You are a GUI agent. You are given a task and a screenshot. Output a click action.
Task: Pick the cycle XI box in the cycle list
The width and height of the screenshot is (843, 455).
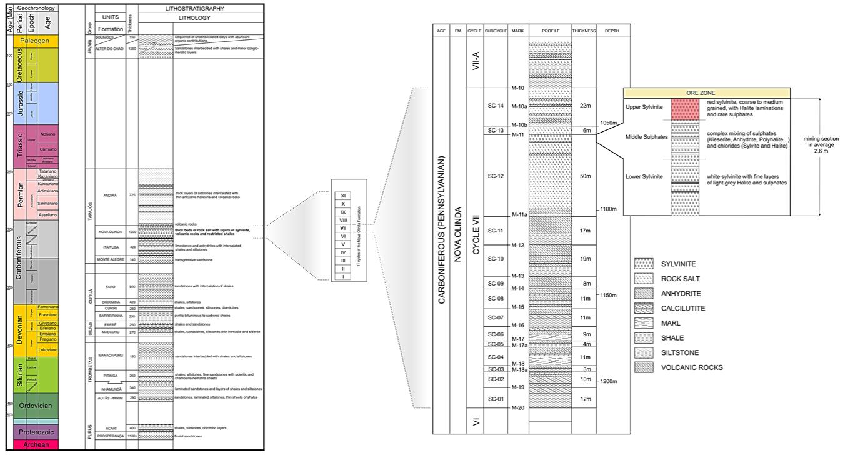tap(343, 196)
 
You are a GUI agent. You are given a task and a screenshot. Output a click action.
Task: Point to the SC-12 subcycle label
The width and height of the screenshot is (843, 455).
tap(496, 176)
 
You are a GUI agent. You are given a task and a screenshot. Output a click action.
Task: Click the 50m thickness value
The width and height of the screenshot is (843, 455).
tap(585, 176)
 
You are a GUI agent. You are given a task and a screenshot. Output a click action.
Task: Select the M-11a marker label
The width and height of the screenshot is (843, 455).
tap(519, 214)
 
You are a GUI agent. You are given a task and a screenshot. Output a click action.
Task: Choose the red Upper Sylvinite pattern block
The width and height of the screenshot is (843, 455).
tap(685, 110)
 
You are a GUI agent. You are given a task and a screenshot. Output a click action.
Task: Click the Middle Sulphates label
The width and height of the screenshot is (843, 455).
tap(647, 136)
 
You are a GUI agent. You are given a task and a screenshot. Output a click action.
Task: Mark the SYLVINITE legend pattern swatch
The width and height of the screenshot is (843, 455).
tap(644, 264)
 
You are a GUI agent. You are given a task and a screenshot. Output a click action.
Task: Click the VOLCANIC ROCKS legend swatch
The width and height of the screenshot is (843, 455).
tap(644, 367)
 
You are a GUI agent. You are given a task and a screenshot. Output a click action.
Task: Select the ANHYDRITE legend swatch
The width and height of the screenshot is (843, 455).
tap(644, 294)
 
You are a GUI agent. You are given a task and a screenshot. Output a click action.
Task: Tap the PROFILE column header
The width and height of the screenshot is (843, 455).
tap(550, 31)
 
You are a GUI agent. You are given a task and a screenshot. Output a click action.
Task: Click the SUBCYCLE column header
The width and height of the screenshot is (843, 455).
tap(496, 31)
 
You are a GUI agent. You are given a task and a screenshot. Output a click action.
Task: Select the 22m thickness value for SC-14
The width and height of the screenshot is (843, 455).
tap(585, 105)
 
